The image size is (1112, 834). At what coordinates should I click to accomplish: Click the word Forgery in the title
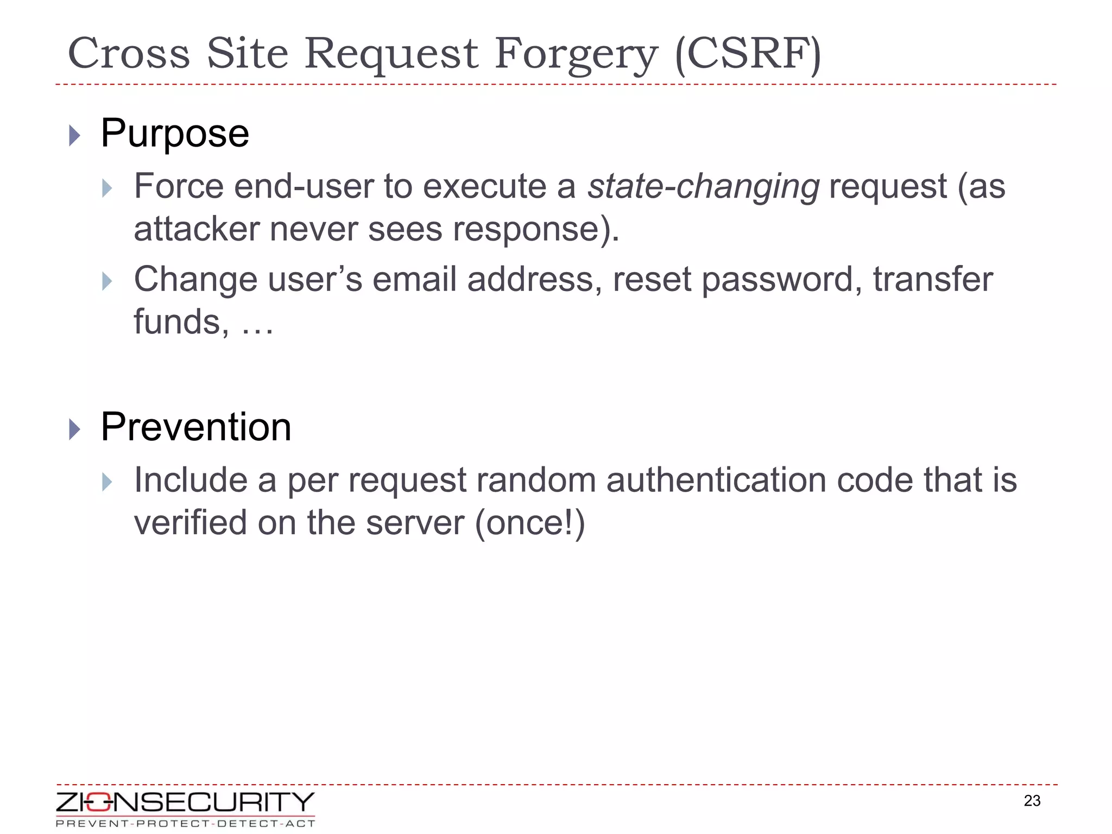[x=576, y=54]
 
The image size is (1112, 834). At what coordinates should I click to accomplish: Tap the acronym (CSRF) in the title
[x=748, y=54]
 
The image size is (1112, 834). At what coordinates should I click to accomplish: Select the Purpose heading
[x=174, y=134]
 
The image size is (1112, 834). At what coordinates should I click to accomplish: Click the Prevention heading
[x=195, y=427]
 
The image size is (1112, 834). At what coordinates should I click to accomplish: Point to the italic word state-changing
[x=703, y=187]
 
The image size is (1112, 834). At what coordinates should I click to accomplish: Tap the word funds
[x=177, y=322]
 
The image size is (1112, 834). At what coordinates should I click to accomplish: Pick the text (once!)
[x=530, y=523]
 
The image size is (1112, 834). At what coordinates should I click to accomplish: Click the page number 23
[x=1032, y=801]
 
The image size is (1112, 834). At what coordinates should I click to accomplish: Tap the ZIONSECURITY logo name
[x=185, y=803]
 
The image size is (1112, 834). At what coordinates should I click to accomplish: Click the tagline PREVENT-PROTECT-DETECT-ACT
[x=185, y=824]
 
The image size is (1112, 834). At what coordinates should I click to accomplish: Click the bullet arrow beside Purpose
[x=75, y=135]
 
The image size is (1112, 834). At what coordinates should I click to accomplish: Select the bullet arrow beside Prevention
[x=75, y=429]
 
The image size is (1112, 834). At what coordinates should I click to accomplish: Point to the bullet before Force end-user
[x=107, y=189]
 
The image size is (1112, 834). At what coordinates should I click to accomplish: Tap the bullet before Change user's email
[x=107, y=281]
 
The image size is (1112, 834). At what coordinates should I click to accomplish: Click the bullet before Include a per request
[x=107, y=482]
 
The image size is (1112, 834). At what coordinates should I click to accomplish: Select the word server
[x=415, y=523]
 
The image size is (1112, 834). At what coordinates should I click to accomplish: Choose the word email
[x=414, y=280]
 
